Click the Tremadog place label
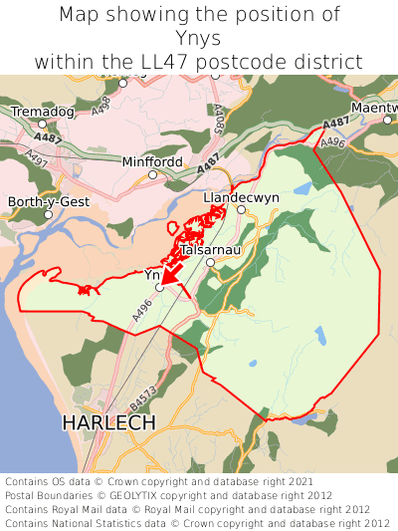[x=42, y=112]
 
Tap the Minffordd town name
[x=153, y=161]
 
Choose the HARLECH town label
[x=108, y=422]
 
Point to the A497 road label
[x=37, y=157]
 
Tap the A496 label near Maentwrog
[x=333, y=142]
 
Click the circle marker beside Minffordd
[x=153, y=175]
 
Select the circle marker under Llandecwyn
[x=240, y=209]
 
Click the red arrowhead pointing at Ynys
[x=168, y=276]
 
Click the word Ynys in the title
[x=199, y=38]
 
